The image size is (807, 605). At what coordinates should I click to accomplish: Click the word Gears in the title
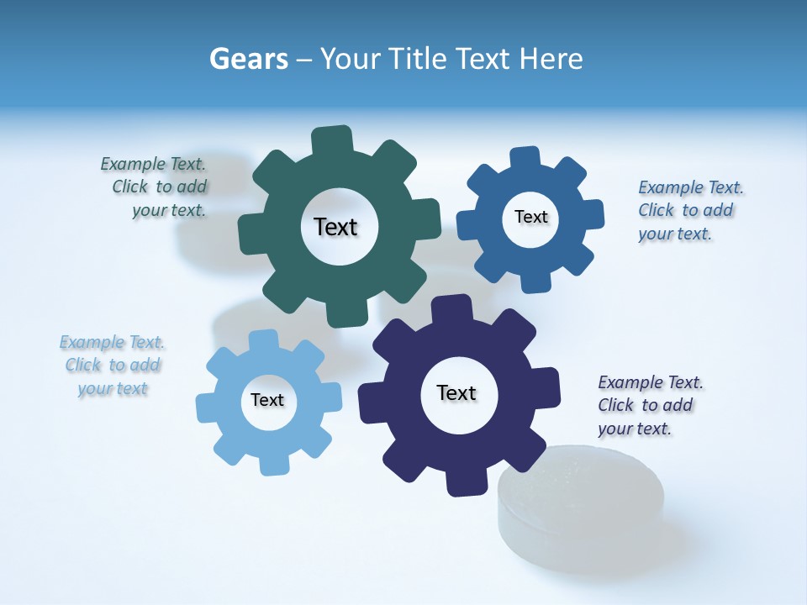tap(248, 59)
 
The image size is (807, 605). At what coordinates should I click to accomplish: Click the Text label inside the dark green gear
tap(335, 227)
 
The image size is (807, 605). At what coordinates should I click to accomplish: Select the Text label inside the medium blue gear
tap(530, 217)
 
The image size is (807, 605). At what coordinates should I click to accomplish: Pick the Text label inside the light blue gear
tap(267, 400)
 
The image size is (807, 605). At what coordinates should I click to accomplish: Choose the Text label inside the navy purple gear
tap(456, 392)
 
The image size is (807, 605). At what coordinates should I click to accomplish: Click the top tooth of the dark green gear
tap(332, 139)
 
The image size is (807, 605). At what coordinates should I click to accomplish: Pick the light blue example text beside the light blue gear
tap(113, 365)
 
